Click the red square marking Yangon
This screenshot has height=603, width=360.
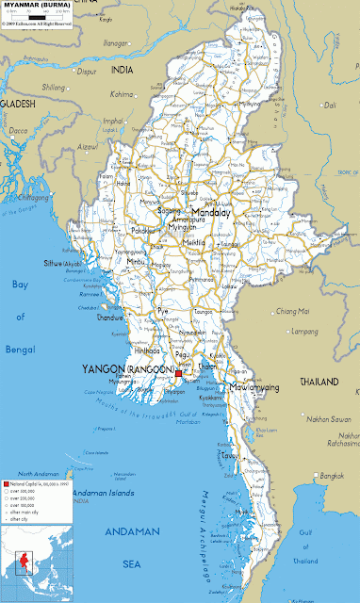pos(177,374)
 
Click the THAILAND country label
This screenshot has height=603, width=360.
pos(319,382)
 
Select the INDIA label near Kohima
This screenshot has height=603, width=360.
pos(123,71)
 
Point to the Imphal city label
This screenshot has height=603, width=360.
pos(113,121)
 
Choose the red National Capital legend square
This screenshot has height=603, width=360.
pos(5,455)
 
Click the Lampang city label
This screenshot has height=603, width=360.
pos(303,331)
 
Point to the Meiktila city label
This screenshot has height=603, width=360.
pos(194,242)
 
